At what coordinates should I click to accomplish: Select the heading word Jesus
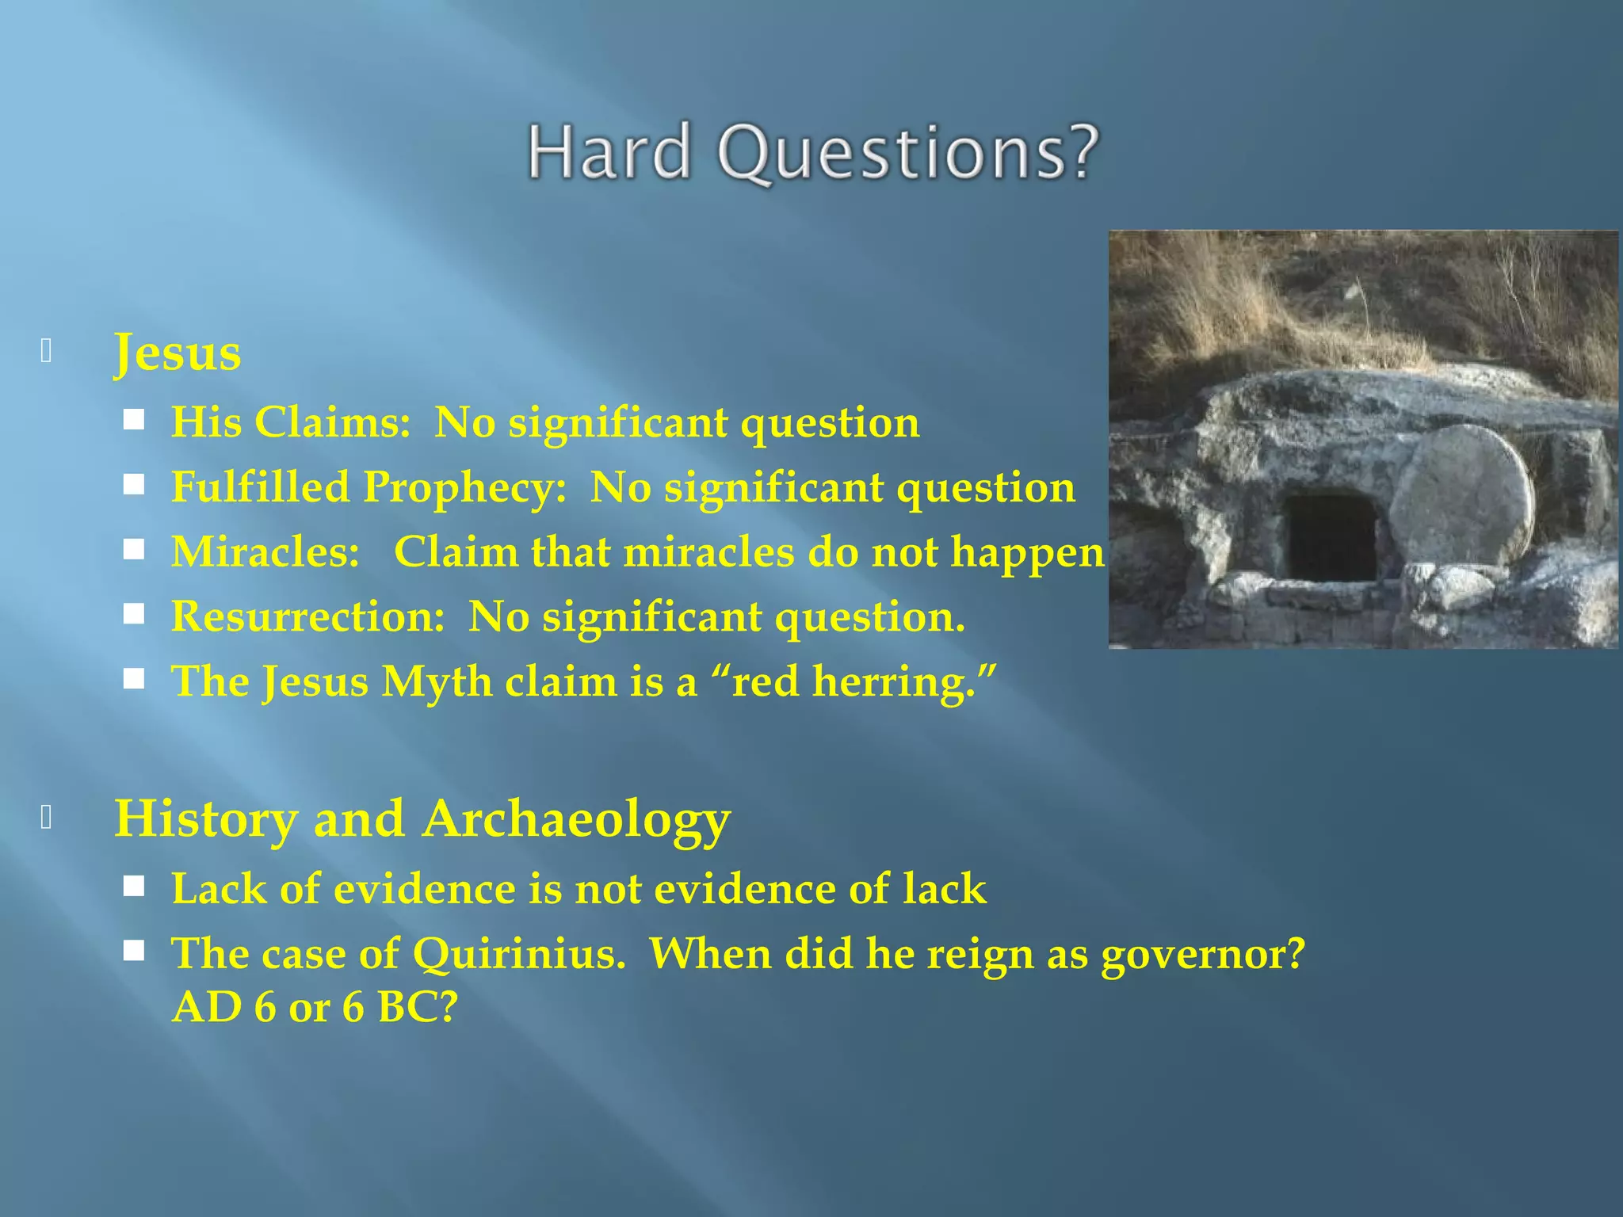177,353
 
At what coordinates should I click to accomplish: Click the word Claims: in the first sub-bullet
333,422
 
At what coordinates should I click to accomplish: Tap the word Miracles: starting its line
265,551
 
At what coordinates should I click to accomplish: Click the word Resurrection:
308,616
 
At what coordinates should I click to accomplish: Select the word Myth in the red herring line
437,681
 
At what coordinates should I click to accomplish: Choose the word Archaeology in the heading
576,819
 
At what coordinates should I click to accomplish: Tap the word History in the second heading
204,819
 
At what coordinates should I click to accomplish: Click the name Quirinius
519,953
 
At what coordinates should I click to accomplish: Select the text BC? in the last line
418,1007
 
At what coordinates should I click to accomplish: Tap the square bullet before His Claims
134,419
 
